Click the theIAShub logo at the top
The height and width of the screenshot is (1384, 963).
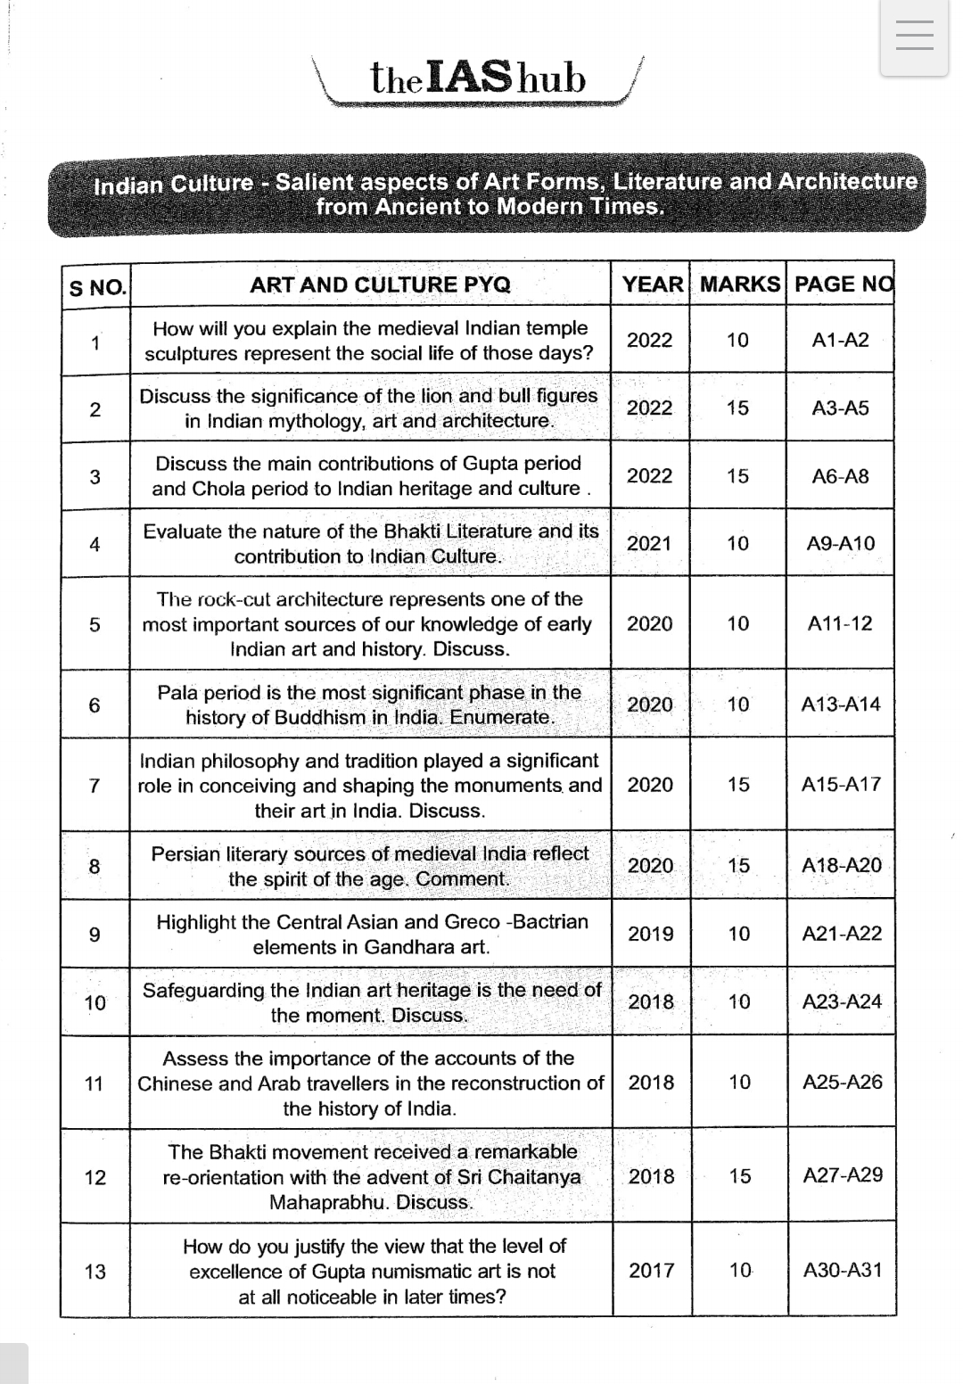tap(478, 79)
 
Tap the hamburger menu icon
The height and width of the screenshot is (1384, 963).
tap(914, 37)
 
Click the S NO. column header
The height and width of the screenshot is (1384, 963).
tap(97, 287)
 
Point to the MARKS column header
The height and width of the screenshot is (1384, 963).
tap(739, 284)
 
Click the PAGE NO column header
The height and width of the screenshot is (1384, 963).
tap(843, 284)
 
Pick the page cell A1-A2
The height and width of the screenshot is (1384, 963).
tap(840, 340)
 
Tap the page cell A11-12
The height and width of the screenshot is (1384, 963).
tap(840, 623)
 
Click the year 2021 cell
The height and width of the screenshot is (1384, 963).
tap(649, 543)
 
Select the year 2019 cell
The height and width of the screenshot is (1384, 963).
tap(651, 934)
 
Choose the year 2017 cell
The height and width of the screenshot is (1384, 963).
tap(652, 1270)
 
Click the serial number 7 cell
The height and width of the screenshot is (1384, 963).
tap(95, 786)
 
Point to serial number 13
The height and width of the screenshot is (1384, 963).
tap(95, 1271)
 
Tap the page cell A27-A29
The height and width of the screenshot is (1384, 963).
tap(843, 1175)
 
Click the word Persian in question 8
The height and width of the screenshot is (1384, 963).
tap(185, 853)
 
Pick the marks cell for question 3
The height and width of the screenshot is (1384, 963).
tap(737, 476)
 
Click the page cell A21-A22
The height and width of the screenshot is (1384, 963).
tap(842, 934)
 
